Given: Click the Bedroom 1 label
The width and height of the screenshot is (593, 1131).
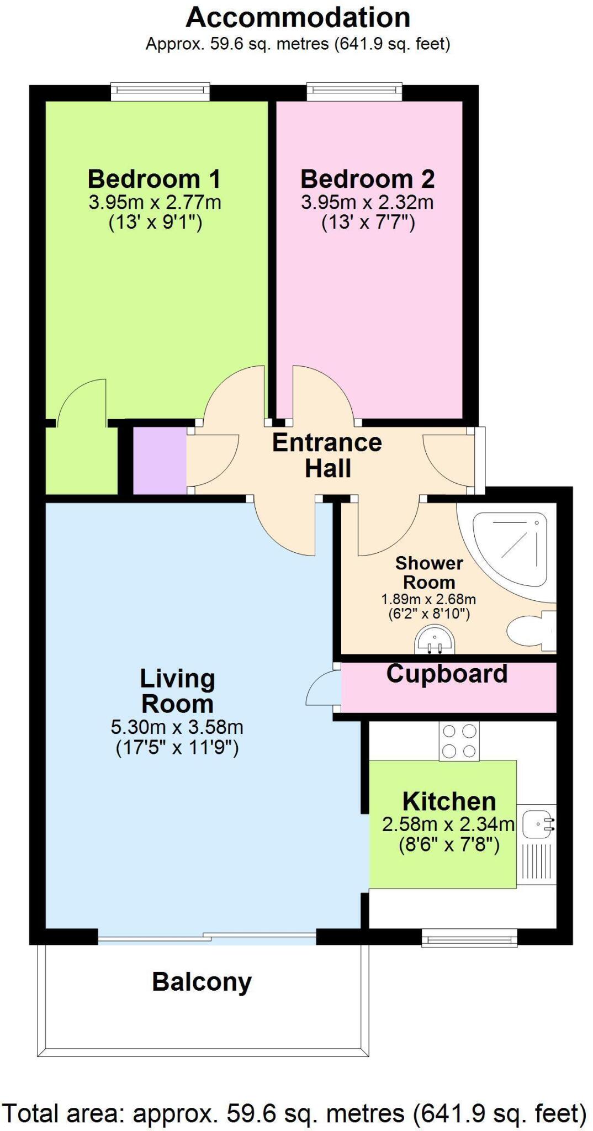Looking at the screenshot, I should [154, 179].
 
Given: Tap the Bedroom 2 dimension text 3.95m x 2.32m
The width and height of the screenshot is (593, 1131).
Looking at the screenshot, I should [367, 202].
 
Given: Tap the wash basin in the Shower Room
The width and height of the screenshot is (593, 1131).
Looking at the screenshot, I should [435, 640].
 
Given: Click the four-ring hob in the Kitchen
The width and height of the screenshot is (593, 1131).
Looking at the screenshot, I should [459, 742].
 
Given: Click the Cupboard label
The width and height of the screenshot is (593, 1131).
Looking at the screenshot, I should [447, 674].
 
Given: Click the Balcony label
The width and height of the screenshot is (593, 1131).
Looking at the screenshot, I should [202, 982].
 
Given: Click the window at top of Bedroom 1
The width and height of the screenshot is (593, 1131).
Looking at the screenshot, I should [160, 92].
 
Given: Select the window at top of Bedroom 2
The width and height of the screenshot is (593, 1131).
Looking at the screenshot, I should [354, 92].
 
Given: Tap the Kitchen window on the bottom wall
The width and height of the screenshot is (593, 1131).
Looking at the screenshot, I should [469, 938].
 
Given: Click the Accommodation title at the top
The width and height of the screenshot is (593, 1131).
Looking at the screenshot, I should [298, 18].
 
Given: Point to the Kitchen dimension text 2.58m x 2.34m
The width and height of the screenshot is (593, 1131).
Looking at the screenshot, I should [448, 825].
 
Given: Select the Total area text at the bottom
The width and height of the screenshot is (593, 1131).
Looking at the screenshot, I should [294, 1113].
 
